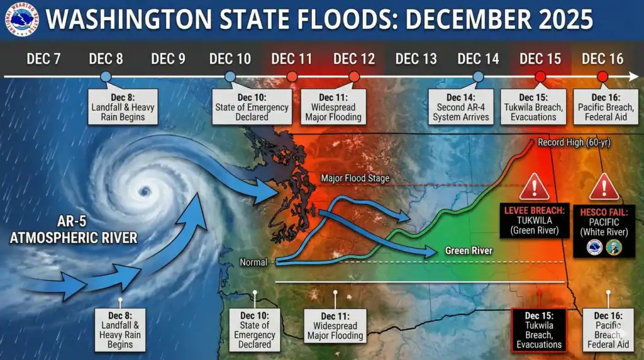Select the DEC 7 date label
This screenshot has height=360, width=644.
[43, 59]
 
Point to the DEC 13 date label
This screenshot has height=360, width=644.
[416, 59]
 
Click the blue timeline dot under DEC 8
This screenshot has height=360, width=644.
[106, 76]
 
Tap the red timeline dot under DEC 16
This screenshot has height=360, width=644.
[602, 76]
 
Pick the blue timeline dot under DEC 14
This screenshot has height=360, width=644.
[478, 76]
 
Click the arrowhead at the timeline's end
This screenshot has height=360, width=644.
[634, 76]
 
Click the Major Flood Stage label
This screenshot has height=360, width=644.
[355, 178]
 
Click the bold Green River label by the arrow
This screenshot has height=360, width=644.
[468, 250]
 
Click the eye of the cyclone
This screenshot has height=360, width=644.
[145, 191]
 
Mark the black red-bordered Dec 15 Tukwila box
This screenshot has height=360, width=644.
[539, 330]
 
